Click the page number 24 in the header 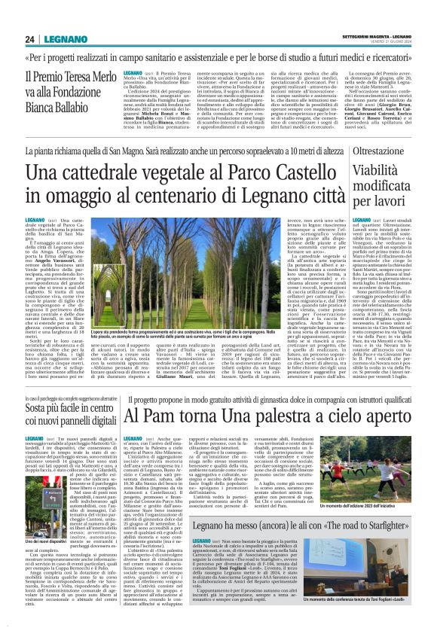(x=31, y=39)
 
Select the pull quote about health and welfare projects (x=218, y=59)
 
